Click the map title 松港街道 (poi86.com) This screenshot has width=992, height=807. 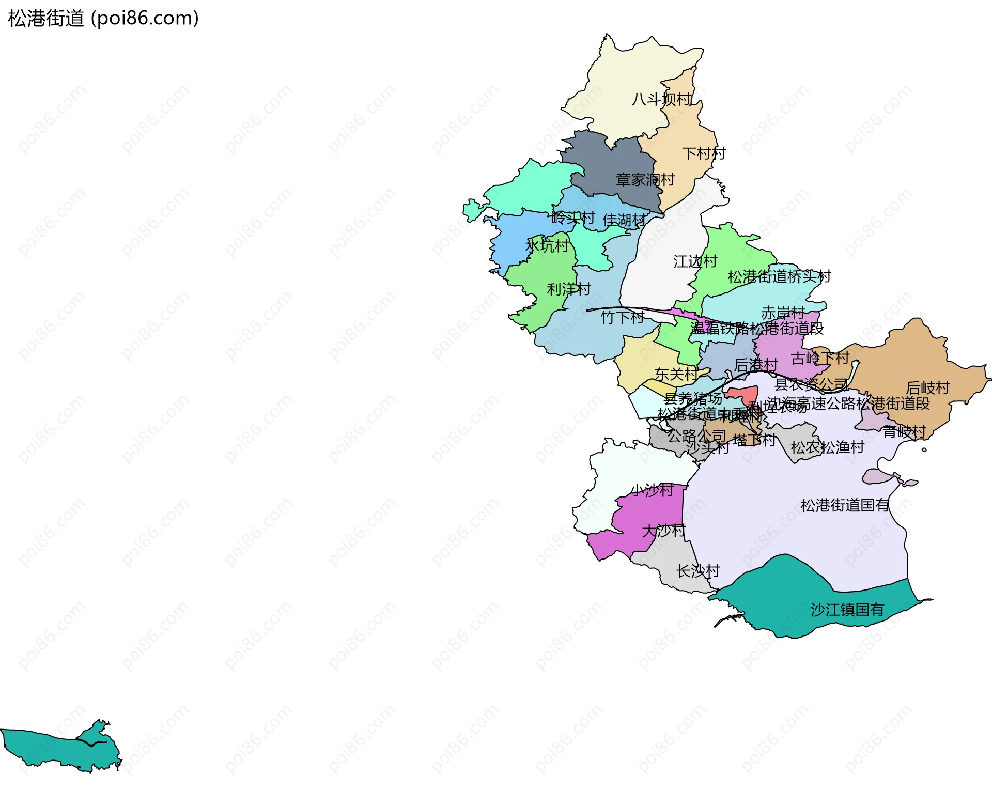point(103,19)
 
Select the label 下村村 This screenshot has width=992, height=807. point(704,153)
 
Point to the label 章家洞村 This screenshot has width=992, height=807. point(645,180)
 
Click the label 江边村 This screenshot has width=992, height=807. point(695,261)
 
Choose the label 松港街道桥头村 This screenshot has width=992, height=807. point(779,277)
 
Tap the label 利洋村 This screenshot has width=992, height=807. point(568,289)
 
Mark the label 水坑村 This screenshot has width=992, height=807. point(547,246)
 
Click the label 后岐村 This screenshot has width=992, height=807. point(927,387)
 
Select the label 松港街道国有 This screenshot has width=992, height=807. point(845,505)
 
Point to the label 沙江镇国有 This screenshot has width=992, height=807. point(847,610)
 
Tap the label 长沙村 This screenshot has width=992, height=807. point(698,571)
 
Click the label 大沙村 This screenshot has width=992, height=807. point(663,531)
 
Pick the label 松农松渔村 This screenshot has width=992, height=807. point(827,447)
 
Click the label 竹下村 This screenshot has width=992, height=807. point(622,317)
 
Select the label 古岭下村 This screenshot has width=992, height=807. point(820,358)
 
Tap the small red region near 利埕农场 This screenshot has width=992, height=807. point(742,394)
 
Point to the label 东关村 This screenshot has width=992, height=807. point(676,374)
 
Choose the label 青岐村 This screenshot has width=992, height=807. point(904,431)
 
